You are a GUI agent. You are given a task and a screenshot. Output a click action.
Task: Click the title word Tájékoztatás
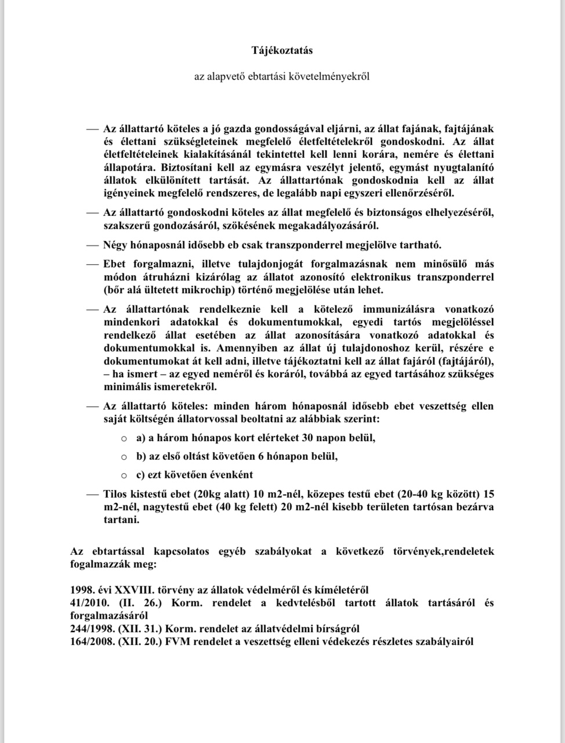click(282, 51)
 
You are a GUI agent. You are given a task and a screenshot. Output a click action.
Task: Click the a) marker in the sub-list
click(141, 438)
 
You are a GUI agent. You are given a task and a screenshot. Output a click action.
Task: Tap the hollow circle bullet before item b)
click(124, 457)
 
